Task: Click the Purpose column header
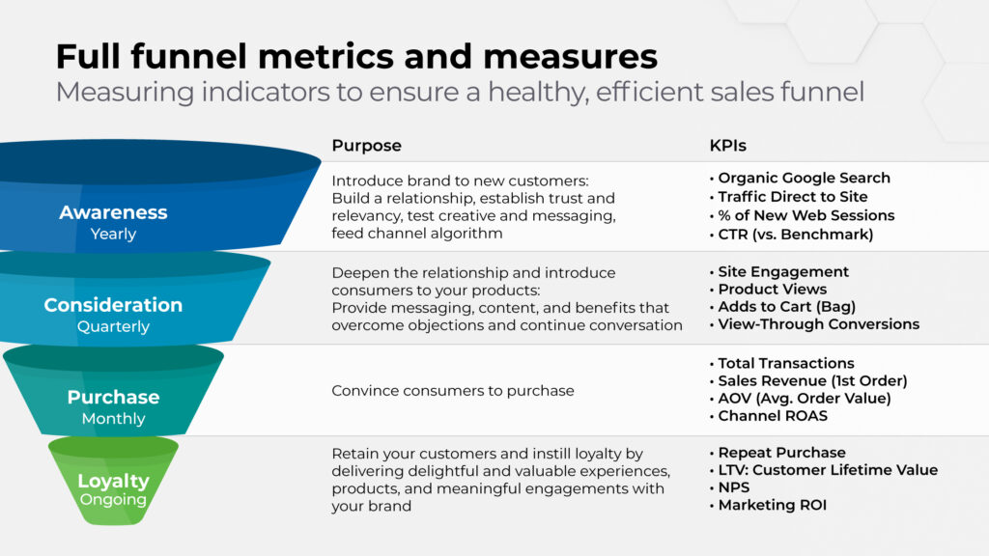[366, 146]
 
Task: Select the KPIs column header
[728, 146]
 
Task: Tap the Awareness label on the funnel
[114, 212]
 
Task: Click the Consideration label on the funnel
[114, 305]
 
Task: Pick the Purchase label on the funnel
[114, 397]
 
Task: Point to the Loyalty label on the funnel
[114, 481]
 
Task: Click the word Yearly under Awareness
[114, 234]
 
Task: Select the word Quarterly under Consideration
[114, 326]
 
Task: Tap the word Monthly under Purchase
[114, 419]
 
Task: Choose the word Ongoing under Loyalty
[114, 500]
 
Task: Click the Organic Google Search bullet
[800, 179]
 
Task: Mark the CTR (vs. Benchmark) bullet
[792, 235]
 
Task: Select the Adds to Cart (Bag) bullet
[782, 307]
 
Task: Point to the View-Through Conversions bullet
[814, 324]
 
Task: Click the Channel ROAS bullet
[768, 416]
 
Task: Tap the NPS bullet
[730, 487]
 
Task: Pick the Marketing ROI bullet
[768, 505]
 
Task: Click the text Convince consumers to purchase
[453, 391]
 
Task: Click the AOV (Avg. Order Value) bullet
[801, 399]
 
